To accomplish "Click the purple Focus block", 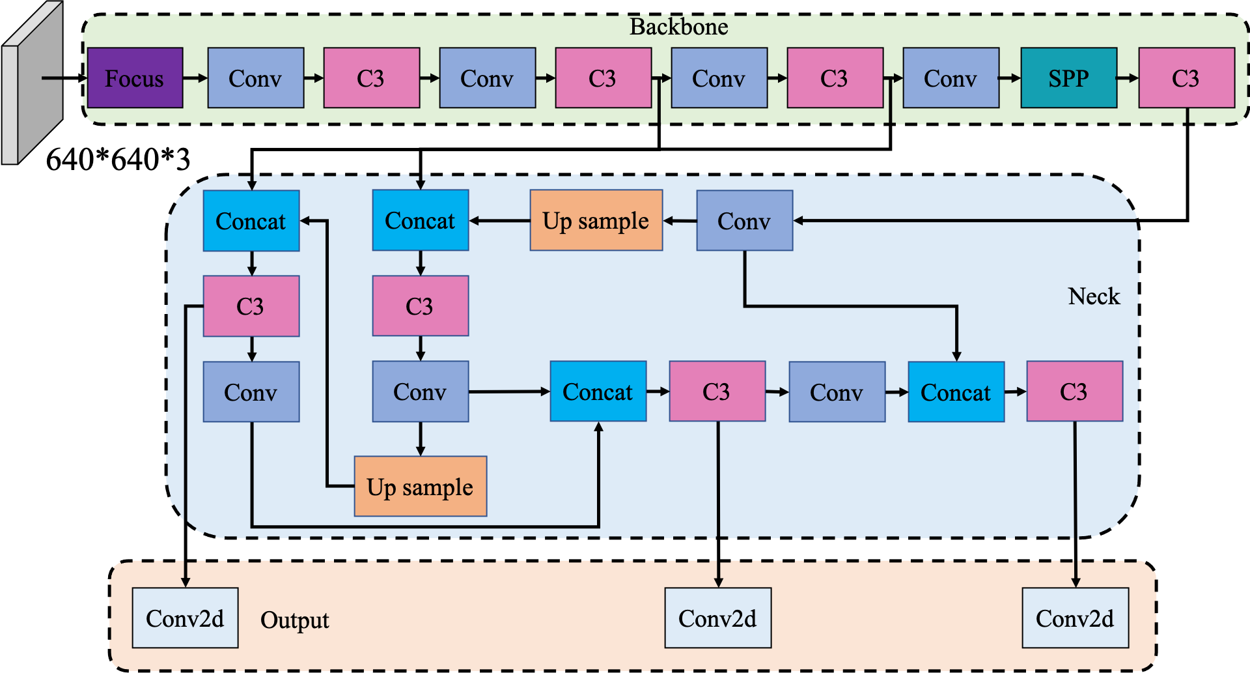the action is point(135,78).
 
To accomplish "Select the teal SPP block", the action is point(1068,78).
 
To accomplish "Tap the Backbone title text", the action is point(678,27).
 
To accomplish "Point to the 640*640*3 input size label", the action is point(118,159).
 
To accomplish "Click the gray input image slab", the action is point(33,83).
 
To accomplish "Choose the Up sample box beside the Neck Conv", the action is point(596,220).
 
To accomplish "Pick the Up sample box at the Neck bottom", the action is point(421,486).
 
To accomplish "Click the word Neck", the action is point(1094,296).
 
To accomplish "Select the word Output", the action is point(294,620).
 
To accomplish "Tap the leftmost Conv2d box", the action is point(185,618).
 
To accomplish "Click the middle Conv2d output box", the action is point(718,618).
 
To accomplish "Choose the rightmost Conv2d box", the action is point(1076,618).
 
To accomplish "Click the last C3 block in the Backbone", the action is point(1187,78).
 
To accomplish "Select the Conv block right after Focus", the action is point(256,78).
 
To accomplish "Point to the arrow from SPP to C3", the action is point(1128,78).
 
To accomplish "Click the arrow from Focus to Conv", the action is point(195,78).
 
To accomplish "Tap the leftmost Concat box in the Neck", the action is point(251,221).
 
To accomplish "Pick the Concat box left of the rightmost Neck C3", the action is point(956,392).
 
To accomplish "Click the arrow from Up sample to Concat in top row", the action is point(499,221).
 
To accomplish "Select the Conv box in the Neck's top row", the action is point(745,221).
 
